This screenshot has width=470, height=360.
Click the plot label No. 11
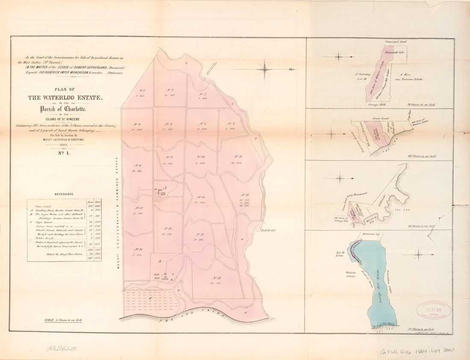point(238,157)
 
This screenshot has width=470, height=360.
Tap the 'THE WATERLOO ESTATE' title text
point(65,97)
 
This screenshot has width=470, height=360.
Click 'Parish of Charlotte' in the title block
point(65,109)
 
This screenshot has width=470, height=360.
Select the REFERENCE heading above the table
point(65,194)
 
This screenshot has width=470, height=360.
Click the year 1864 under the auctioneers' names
point(65,145)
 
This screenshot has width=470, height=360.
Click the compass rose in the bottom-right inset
point(418,255)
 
